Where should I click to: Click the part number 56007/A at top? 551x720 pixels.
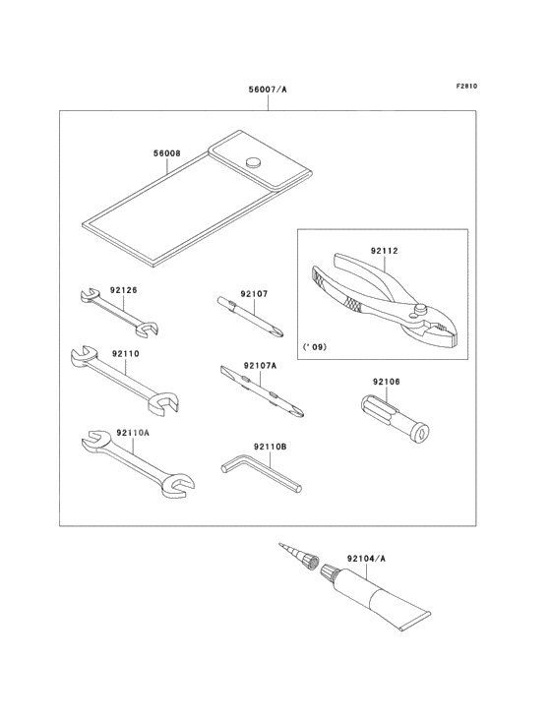(x=267, y=90)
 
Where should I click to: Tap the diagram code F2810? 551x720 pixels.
(x=466, y=86)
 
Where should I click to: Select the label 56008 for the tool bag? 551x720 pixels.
(x=166, y=153)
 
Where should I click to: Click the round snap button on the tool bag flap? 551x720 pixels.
(x=253, y=161)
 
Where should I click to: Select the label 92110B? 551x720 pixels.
(x=270, y=447)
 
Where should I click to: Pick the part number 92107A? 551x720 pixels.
(x=261, y=365)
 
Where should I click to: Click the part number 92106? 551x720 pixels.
(x=386, y=381)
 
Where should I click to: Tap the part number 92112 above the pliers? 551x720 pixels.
(x=385, y=251)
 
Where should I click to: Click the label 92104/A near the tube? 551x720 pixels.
(x=366, y=558)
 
